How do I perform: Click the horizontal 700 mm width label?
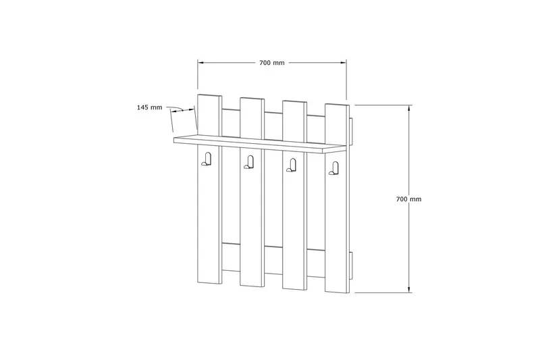[272, 63]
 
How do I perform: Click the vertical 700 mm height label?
[409, 199]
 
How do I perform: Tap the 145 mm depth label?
[149, 107]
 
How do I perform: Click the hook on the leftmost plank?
[207, 159]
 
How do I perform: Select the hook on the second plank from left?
[249, 162]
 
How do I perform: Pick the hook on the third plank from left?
[292, 165]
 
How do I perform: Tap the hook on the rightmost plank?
[333, 168]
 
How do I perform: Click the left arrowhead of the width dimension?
[200, 63]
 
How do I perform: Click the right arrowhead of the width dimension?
[344, 63]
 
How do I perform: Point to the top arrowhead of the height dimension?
[409, 107]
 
